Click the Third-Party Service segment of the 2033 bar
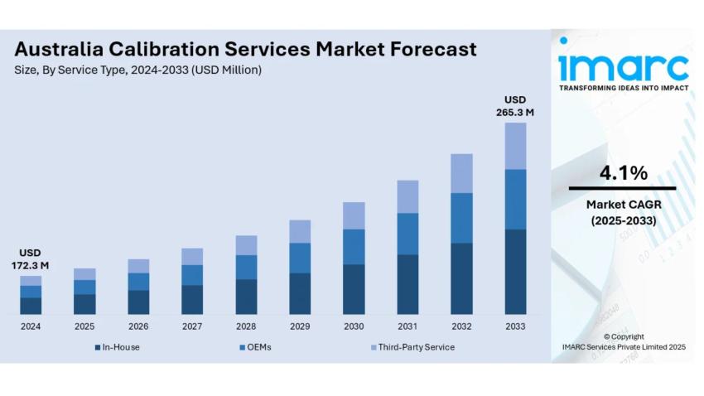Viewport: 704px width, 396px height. (x=515, y=146)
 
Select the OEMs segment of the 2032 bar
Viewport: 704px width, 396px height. (x=461, y=218)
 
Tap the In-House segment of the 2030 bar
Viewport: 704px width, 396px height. (x=354, y=289)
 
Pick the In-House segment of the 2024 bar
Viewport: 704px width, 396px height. (x=31, y=306)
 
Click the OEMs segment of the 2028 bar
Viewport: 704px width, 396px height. (x=246, y=267)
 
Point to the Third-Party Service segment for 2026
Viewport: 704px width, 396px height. (x=138, y=266)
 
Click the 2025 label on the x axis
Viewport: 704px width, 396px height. (x=84, y=326)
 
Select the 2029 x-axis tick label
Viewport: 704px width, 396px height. (x=300, y=326)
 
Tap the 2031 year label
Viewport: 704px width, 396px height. (x=407, y=326)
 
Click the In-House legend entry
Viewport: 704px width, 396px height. (x=120, y=347)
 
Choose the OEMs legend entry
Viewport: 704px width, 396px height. (x=258, y=347)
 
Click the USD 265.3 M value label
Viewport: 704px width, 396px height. (x=515, y=106)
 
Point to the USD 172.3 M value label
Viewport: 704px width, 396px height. (x=31, y=258)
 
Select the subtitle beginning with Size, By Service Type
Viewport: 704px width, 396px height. (x=137, y=70)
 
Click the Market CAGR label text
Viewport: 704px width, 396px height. (x=623, y=204)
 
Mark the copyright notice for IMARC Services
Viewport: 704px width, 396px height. (x=623, y=342)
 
